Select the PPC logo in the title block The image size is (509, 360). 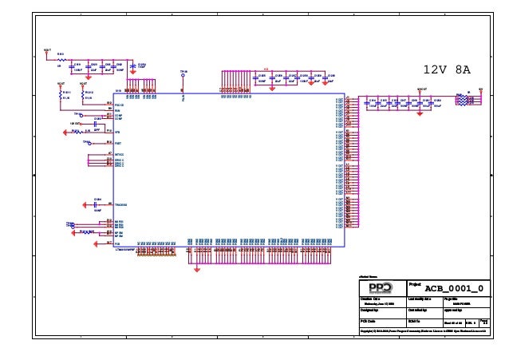381,287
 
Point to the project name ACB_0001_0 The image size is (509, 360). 453,287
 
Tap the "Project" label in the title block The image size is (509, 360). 415,283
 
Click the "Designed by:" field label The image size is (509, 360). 369,309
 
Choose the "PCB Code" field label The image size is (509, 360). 368,320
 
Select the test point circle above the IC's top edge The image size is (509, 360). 183,77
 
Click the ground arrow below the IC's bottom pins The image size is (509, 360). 197,268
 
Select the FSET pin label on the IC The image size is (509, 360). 118,142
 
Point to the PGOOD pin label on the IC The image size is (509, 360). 119,105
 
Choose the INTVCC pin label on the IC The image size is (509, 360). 120,153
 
